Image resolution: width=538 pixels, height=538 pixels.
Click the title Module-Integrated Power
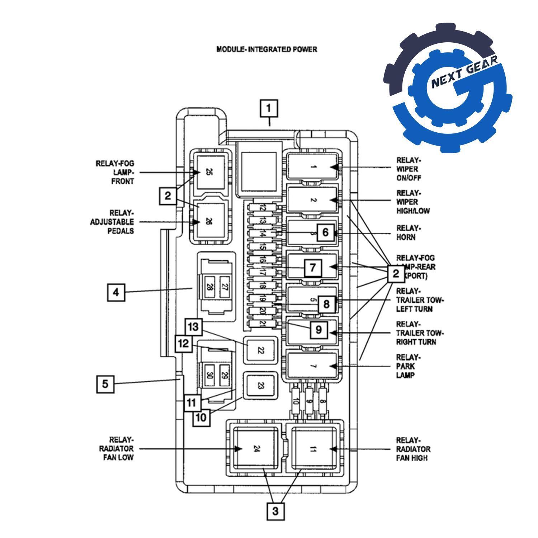pyautogui.click(x=266, y=49)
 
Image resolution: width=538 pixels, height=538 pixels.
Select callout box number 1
pyautogui.click(x=269, y=108)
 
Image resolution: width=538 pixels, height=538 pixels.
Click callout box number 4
pyautogui.click(x=116, y=292)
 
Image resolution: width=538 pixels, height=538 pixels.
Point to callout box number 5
pyautogui.click(x=105, y=384)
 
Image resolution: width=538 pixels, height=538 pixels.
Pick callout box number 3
pyautogui.click(x=275, y=511)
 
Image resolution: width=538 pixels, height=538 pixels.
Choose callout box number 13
pyautogui.click(x=194, y=327)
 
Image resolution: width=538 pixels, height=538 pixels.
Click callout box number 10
pyautogui.click(x=202, y=417)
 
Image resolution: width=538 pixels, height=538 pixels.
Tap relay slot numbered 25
pyautogui.click(x=209, y=172)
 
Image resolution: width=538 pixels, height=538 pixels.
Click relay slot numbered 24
pyautogui.click(x=255, y=448)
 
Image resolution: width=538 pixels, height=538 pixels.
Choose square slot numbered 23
pyautogui.click(x=261, y=386)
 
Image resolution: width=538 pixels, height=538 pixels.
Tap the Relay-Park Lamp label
pyautogui.click(x=407, y=366)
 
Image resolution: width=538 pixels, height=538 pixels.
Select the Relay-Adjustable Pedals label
pyautogui.click(x=112, y=222)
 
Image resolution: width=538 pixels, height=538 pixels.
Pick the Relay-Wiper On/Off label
pyautogui.click(x=409, y=169)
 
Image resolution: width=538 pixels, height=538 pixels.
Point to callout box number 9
pyautogui.click(x=319, y=329)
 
